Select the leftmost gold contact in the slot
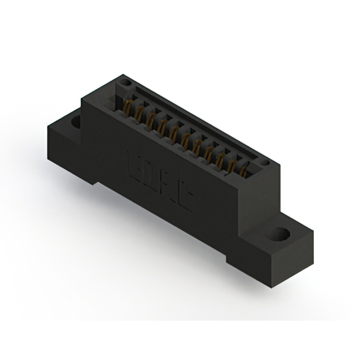click(128, 107)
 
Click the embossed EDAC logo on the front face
click(159, 179)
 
